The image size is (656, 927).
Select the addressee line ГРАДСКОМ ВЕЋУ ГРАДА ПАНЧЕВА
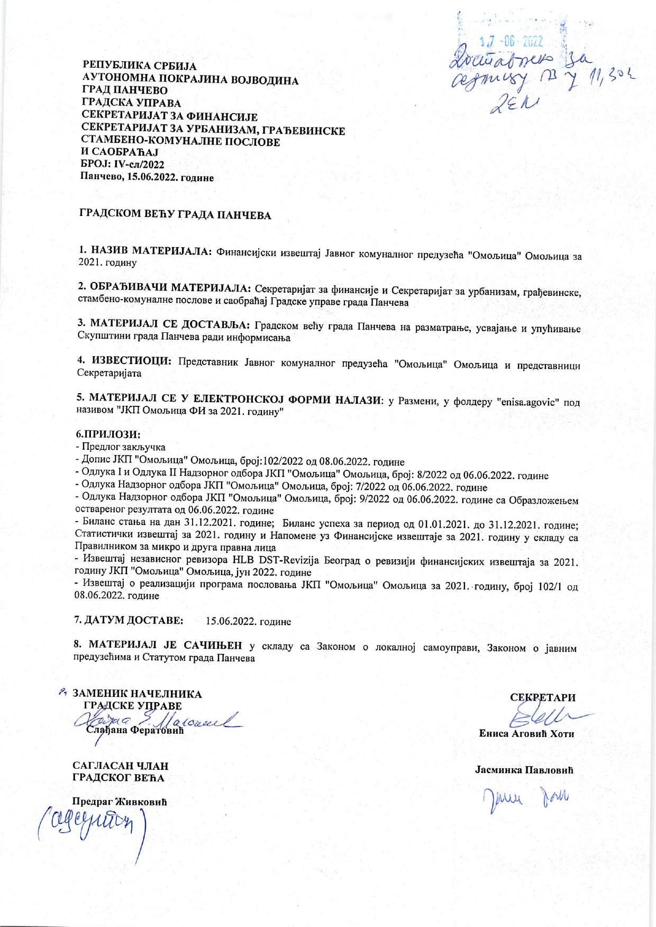(175, 215)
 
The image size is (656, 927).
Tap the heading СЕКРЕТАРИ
(543, 697)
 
